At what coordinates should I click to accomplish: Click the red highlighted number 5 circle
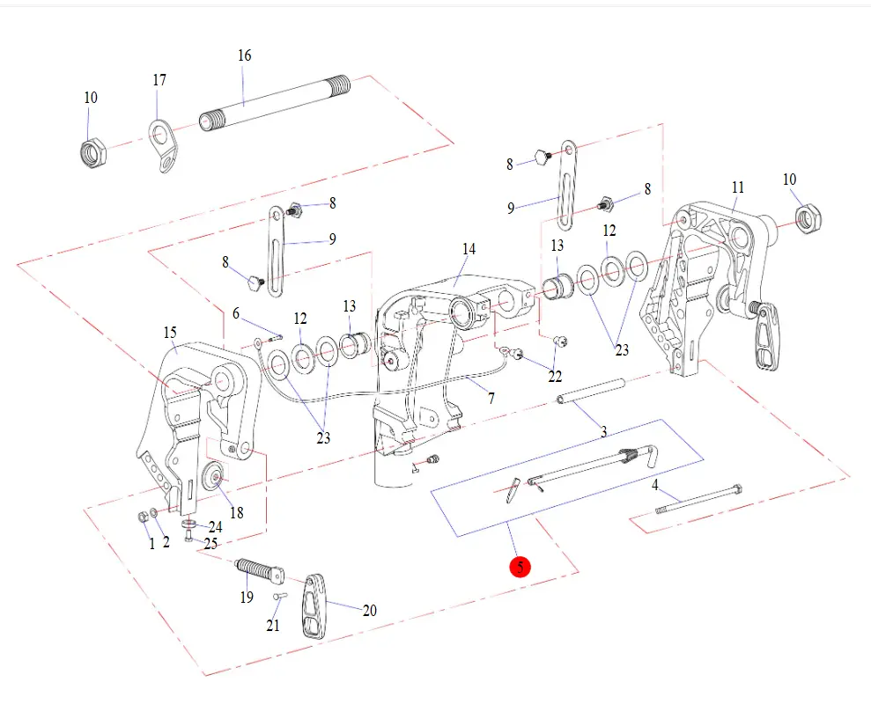520,567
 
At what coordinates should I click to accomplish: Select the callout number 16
244,55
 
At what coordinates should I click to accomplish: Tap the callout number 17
159,80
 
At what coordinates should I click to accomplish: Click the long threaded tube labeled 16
273,102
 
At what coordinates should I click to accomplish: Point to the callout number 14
469,249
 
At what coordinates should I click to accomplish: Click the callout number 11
738,187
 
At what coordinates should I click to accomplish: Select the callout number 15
170,332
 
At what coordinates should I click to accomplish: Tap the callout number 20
370,610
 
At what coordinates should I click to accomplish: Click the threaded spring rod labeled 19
258,572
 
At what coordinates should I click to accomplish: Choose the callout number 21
273,626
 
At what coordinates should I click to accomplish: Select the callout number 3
603,431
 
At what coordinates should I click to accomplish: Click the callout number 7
491,399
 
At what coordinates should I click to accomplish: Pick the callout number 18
236,513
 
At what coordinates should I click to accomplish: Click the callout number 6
236,313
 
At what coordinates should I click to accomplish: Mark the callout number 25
210,544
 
